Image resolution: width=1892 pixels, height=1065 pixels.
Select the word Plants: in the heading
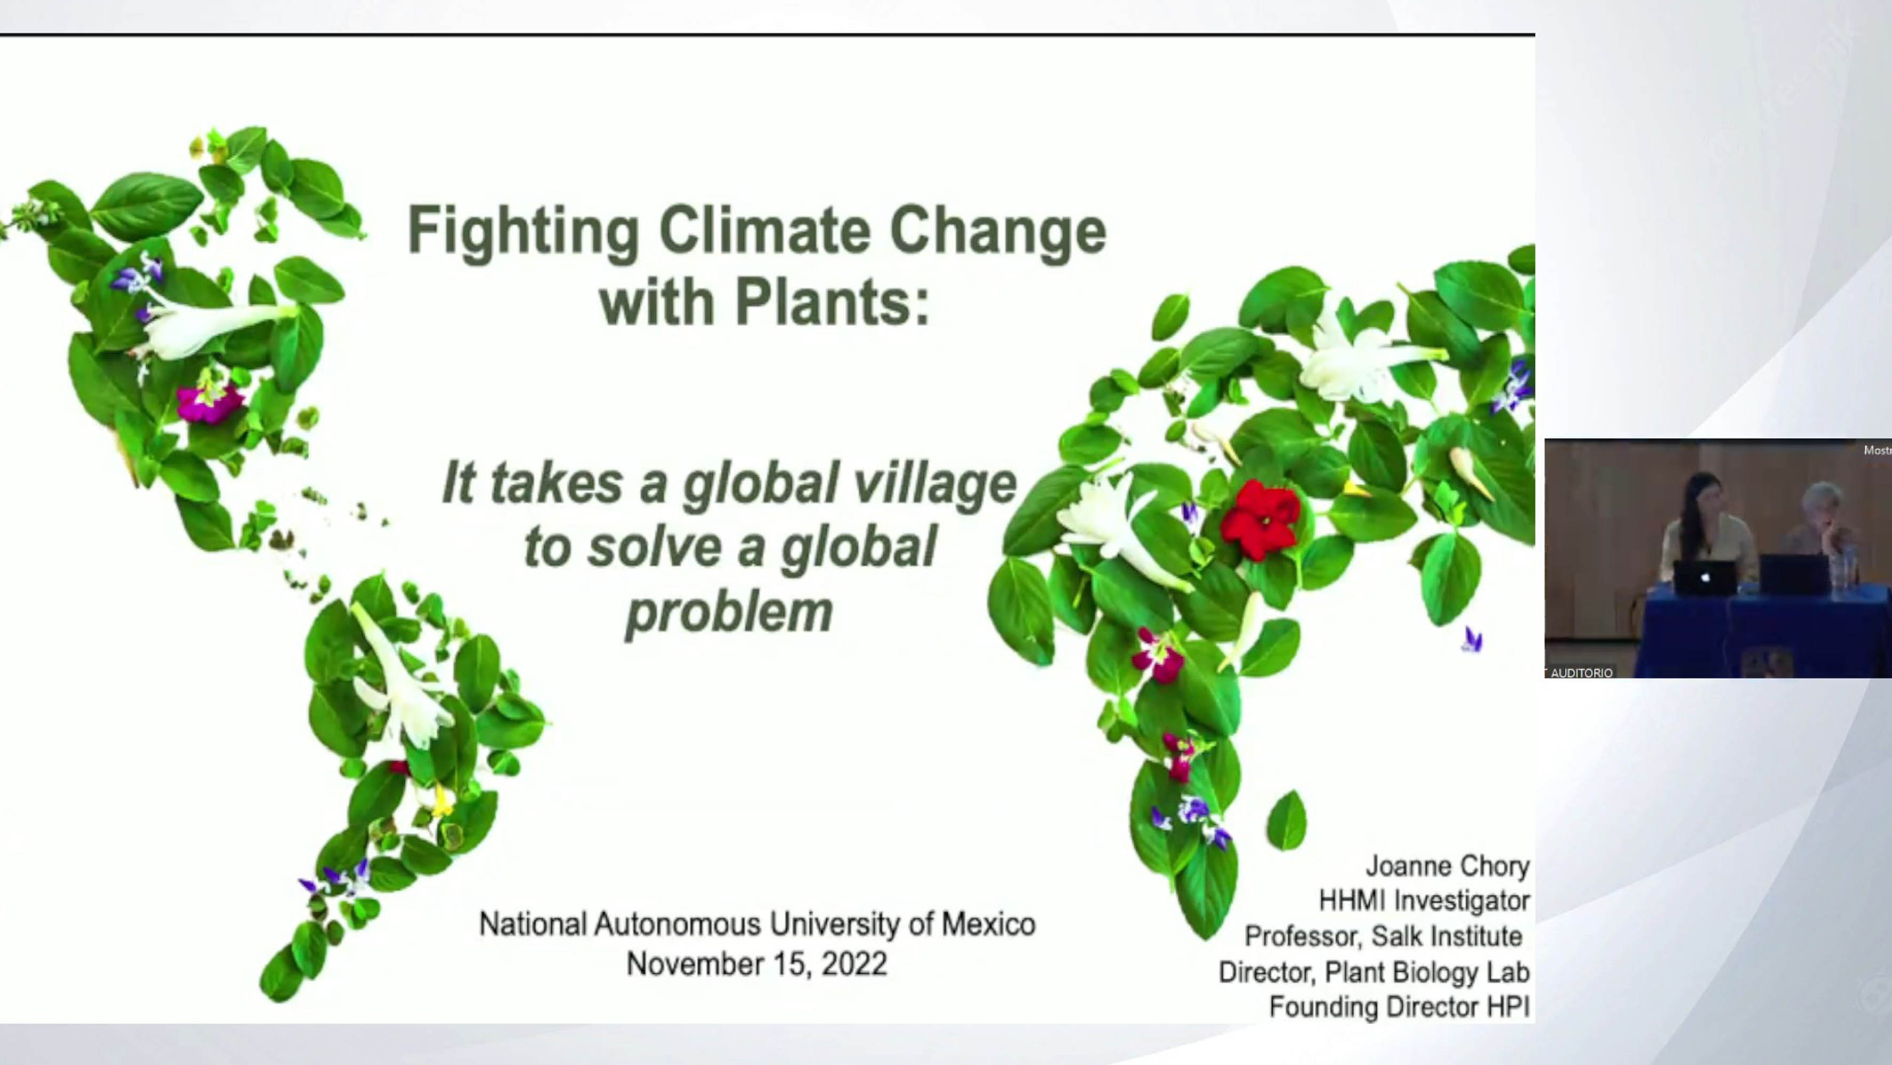point(833,303)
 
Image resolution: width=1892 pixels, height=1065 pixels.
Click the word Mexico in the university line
point(988,924)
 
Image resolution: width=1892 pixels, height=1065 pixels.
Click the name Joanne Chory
point(1448,867)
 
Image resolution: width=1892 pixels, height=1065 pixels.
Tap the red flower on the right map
point(1260,519)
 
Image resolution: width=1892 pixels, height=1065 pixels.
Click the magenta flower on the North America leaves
point(210,402)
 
